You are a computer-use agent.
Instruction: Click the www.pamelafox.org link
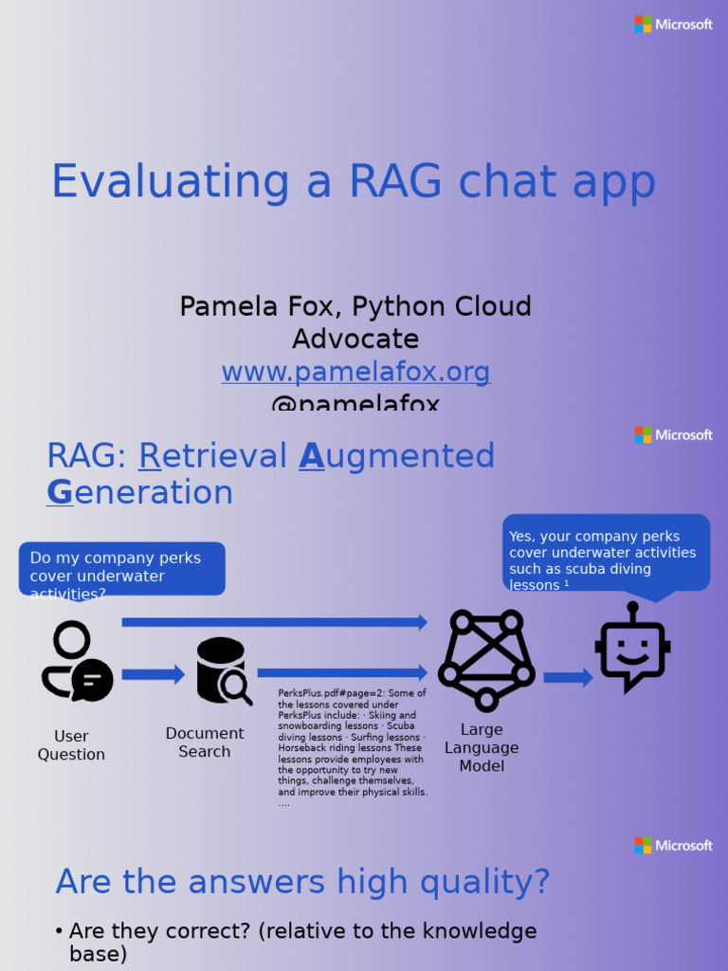tap(355, 372)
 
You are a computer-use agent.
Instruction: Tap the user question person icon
tap(76, 661)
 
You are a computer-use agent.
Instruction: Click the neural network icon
tap(486, 660)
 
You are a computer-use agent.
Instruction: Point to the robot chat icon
tap(632, 648)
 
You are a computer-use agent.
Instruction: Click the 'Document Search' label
tap(205, 742)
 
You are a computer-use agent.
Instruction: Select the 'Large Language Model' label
tap(482, 747)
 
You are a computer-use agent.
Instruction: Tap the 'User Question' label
tap(71, 745)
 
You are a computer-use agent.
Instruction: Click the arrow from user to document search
tap(153, 675)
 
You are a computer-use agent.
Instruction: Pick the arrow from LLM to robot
tap(568, 677)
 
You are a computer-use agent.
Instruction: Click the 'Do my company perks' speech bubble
tap(121, 568)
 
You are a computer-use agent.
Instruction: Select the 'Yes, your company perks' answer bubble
tap(606, 553)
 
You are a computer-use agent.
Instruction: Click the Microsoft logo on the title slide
tap(673, 25)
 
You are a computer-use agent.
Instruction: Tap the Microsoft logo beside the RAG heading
tap(673, 435)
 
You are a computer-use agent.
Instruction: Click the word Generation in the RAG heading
tap(140, 493)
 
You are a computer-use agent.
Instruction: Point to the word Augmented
tap(397, 456)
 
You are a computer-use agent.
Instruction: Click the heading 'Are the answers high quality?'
tap(302, 882)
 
